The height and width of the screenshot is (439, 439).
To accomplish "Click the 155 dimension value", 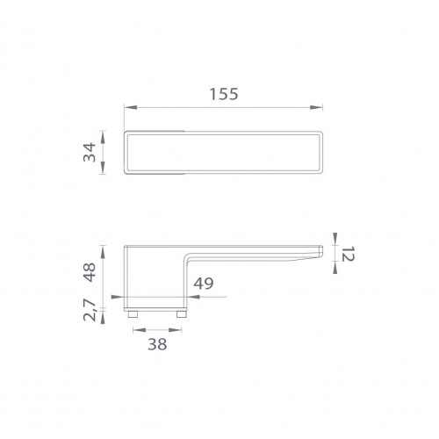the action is (x=224, y=94).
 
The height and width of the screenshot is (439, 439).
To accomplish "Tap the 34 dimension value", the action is (x=90, y=152).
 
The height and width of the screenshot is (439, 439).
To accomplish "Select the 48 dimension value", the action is (x=90, y=272).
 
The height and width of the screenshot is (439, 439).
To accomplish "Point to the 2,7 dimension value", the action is (x=90, y=310).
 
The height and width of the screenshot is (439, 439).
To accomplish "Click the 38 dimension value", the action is (x=157, y=344).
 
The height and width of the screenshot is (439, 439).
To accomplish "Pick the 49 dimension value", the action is (x=204, y=284).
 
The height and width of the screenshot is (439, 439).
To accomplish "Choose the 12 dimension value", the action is (x=349, y=254).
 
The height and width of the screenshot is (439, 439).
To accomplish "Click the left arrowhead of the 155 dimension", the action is (x=131, y=107).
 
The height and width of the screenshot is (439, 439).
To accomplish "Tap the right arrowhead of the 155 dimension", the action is (x=316, y=107).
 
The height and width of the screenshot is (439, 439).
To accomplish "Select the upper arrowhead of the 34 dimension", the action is (x=103, y=138).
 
